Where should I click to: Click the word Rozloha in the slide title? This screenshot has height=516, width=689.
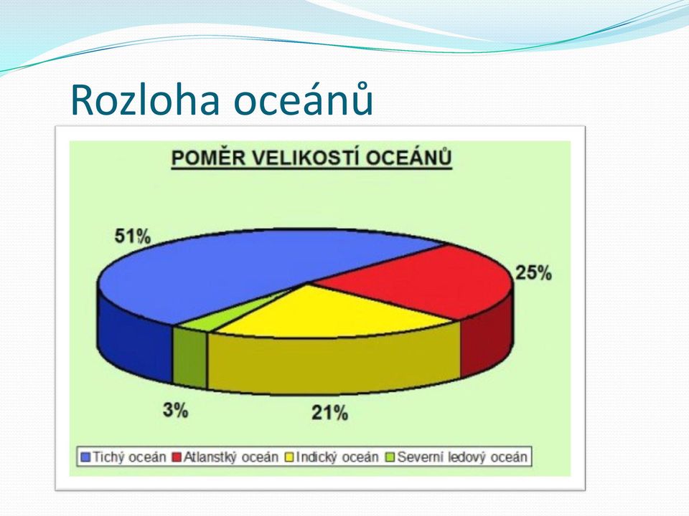[144, 100]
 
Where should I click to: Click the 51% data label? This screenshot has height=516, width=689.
[132, 236]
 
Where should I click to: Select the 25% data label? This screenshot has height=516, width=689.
[533, 273]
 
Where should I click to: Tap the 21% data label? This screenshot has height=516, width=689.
[329, 413]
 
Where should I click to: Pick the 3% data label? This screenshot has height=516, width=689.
[175, 410]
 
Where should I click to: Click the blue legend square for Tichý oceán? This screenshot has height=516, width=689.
[85, 457]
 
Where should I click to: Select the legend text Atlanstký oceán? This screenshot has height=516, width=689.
[230, 457]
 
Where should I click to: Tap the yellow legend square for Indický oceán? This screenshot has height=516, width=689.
[289, 457]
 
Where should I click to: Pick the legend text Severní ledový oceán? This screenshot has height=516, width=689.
[461, 457]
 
